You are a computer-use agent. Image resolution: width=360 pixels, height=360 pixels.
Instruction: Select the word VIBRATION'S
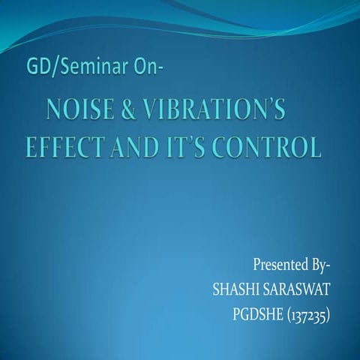pyautogui.click(x=209, y=112)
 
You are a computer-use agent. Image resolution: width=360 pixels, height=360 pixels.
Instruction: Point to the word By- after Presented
pyautogui.click(x=321, y=265)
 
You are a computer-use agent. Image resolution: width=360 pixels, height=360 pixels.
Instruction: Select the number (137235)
pyautogui.click(x=307, y=312)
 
